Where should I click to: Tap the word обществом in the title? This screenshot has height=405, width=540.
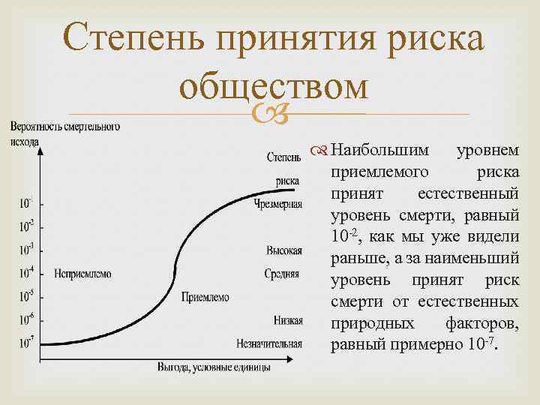click(274, 87)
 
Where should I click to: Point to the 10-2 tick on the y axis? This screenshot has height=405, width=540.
click(27, 224)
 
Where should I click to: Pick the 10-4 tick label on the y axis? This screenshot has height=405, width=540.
click(27, 273)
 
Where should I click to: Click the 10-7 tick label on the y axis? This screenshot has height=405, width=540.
click(27, 343)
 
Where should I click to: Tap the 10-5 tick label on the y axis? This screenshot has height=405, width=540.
click(27, 296)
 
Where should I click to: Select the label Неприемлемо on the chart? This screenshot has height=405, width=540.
click(83, 274)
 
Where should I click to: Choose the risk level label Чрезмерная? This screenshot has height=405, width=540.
click(278, 204)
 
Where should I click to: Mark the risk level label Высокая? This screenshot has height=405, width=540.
click(284, 250)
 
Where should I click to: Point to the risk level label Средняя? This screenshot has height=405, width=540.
click(283, 274)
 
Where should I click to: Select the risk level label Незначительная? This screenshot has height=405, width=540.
click(268, 344)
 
